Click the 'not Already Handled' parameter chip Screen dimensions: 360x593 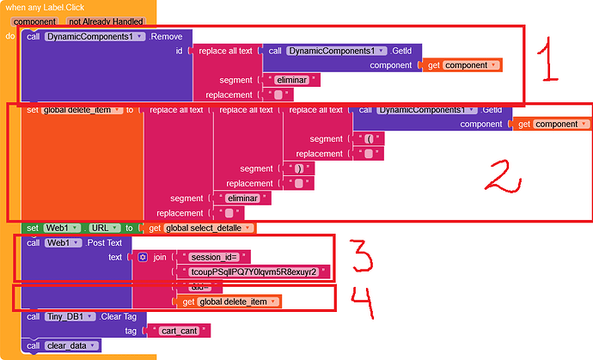106,21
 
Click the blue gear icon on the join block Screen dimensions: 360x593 143,257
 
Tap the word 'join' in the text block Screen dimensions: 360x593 160,257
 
